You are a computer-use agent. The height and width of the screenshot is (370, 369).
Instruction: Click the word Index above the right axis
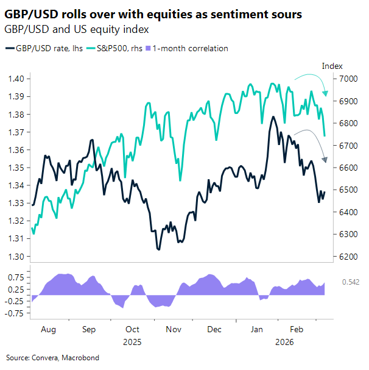point(332,66)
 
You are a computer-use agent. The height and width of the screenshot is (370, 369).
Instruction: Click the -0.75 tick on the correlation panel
point(15,313)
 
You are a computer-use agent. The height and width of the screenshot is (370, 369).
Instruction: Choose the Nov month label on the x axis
point(174,329)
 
